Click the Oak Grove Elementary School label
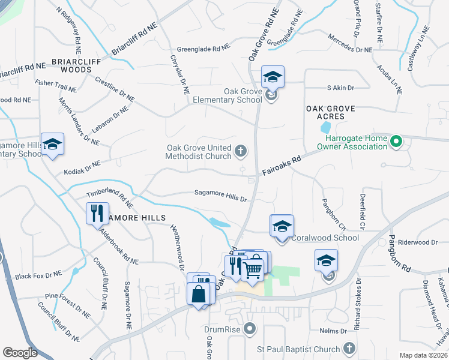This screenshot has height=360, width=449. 227,95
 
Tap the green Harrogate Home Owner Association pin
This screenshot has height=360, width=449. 396,142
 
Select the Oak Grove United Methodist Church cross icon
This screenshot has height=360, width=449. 241,151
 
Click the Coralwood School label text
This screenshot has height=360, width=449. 325,238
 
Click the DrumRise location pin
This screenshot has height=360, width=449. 251,328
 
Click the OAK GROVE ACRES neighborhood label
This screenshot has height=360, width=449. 331,109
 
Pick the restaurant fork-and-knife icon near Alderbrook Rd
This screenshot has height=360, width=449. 95,212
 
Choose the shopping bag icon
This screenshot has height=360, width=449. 198,294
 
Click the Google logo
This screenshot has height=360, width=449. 20,353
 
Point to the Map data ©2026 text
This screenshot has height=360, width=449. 423,355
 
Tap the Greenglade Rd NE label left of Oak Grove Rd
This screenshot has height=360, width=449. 203,49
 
